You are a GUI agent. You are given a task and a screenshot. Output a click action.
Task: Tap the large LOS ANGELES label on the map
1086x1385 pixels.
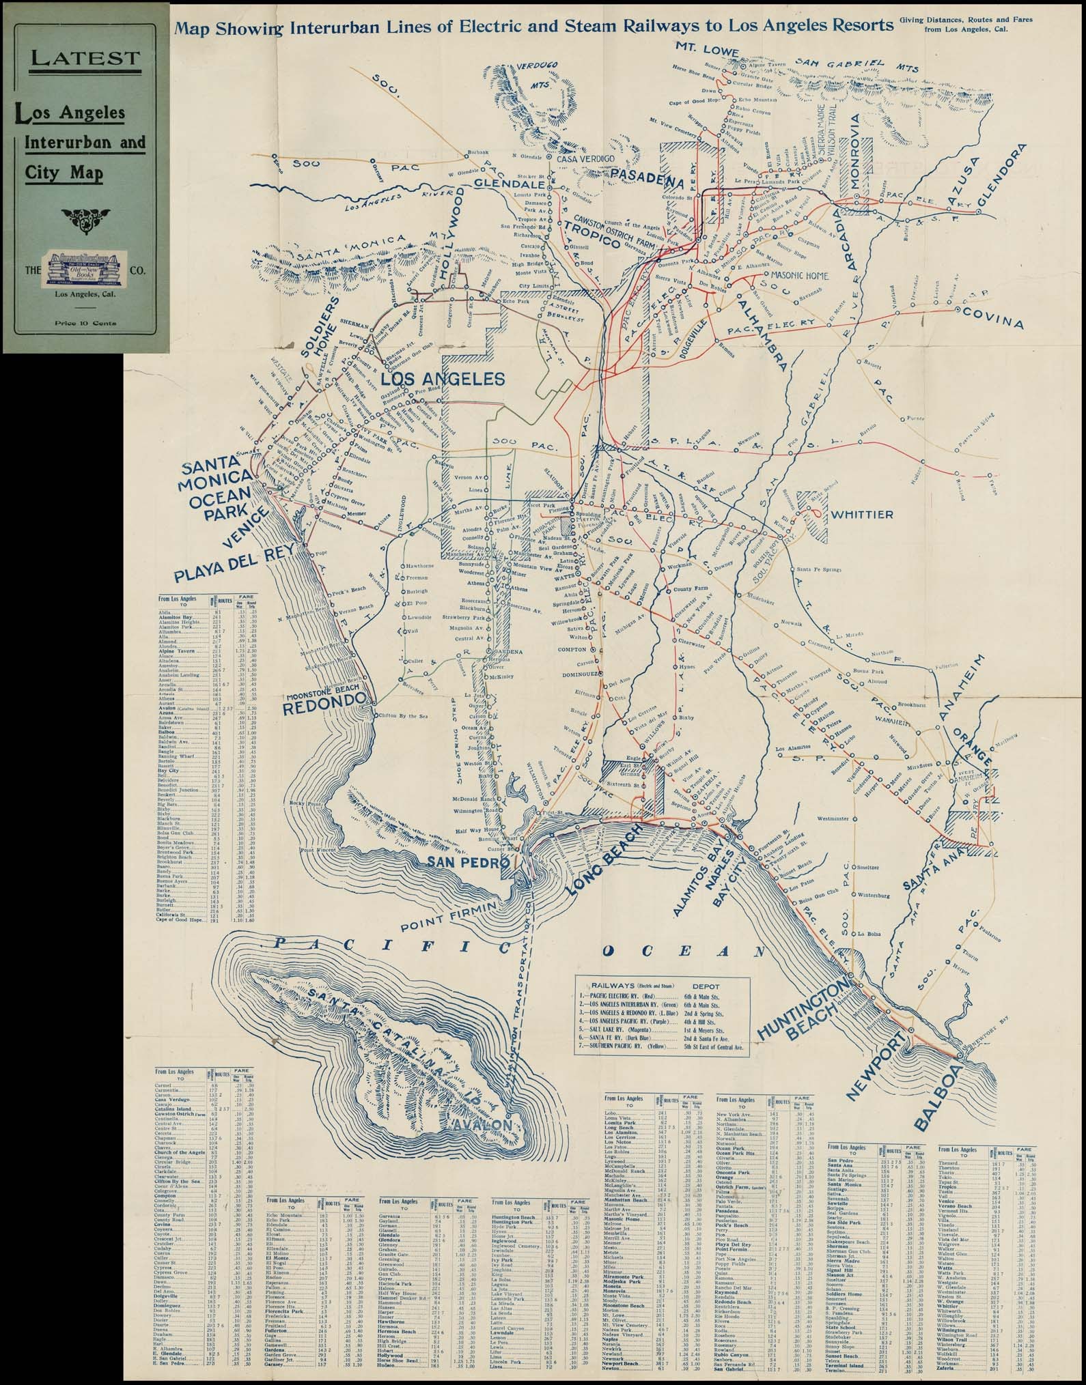(442, 379)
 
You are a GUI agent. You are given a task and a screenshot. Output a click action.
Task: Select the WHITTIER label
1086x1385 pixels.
(862, 514)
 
